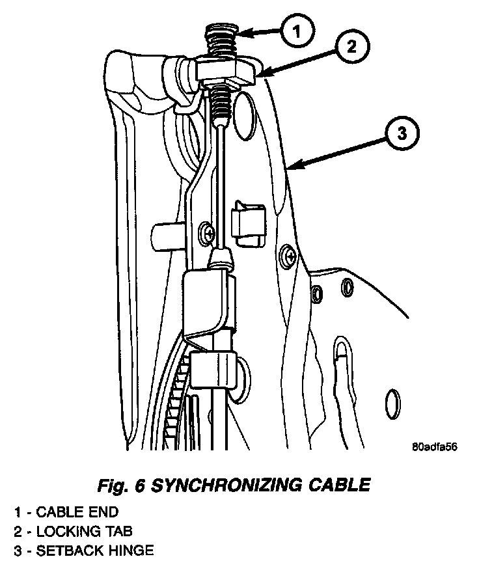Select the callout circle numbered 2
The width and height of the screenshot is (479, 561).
click(x=352, y=46)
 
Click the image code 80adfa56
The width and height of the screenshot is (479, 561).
click(x=435, y=447)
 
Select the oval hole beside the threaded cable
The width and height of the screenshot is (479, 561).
click(x=245, y=116)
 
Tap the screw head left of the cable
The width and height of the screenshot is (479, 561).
click(x=207, y=230)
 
